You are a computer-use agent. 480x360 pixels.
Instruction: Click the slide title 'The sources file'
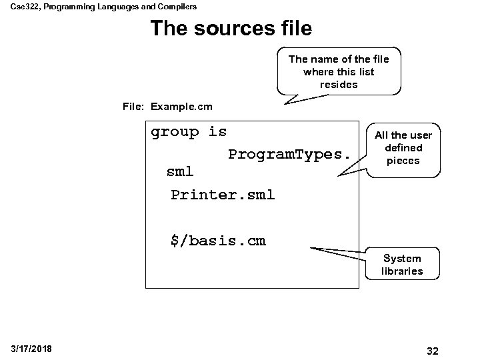coord(231,29)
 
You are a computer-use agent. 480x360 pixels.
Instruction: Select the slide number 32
coord(432,351)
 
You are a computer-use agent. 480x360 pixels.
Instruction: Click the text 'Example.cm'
coord(181,106)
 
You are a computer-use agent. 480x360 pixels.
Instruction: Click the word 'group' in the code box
coord(175,132)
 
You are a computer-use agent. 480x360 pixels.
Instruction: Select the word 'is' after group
coord(217,132)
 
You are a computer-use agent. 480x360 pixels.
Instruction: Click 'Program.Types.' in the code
coord(289,155)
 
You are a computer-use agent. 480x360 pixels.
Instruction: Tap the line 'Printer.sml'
coord(222,195)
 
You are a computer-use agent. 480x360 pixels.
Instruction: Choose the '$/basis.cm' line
coord(218,241)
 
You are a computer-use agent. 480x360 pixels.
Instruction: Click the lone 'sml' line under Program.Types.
coord(179,171)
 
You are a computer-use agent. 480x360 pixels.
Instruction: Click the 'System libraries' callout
coord(402,265)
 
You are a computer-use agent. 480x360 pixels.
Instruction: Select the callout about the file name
coord(339,71)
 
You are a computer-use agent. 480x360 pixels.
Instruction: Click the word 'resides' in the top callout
coord(339,85)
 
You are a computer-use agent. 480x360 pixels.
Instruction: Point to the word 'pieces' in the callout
coord(403,161)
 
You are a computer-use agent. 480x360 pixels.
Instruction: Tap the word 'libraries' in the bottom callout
coord(402,271)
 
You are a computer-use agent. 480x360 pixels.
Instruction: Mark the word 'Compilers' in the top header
coord(176,6)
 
